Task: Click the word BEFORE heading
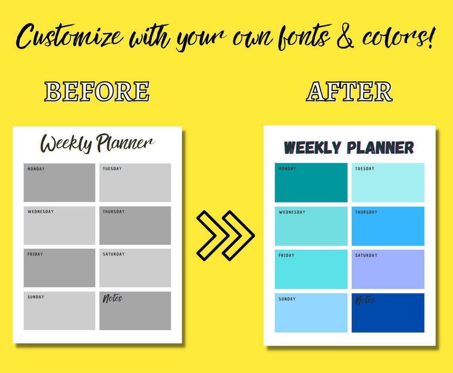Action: click(97, 92)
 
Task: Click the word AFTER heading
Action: click(349, 92)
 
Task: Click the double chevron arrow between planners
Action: click(225, 235)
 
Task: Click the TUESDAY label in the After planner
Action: click(365, 169)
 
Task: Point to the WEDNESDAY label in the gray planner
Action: click(41, 211)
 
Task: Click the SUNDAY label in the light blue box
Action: click(287, 299)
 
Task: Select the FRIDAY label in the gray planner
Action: click(35, 254)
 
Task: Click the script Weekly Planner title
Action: click(97, 143)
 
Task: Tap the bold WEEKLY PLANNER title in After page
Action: click(349, 148)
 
